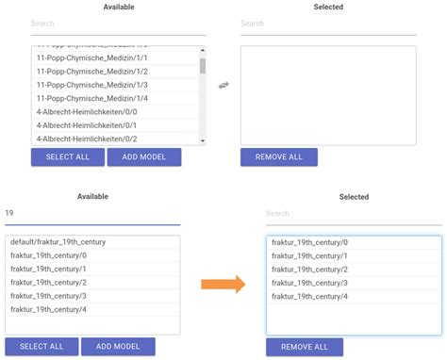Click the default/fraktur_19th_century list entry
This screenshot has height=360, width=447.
(x=58, y=242)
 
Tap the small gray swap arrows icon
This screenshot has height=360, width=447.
(x=223, y=86)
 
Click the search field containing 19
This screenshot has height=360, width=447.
(x=91, y=214)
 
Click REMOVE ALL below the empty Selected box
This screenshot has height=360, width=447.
(x=278, y=157)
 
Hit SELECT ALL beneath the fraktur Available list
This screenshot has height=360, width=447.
(x=41, y=347)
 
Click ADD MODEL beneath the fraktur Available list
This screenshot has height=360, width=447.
(x=118, y=347)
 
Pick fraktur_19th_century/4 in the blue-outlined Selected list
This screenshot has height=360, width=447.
(x=309, y=297)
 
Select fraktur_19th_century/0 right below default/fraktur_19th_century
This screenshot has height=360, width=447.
(x=48, y=255)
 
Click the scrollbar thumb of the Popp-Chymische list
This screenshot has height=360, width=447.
(x=203, y=65)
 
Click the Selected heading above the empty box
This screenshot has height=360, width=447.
(x=327, y=8)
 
